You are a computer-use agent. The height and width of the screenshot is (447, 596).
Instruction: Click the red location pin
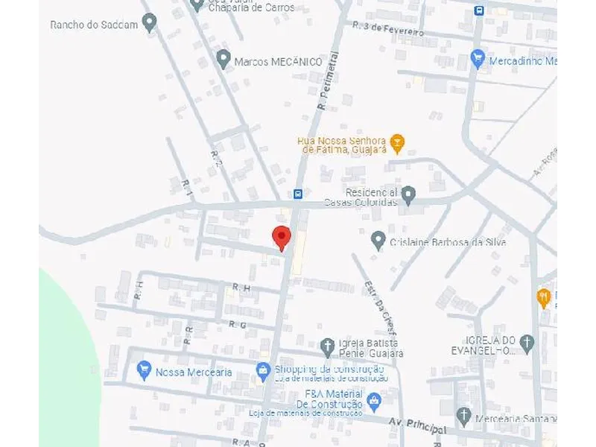coord(281,237)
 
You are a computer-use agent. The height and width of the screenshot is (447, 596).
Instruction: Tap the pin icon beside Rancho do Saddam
coord(150,23)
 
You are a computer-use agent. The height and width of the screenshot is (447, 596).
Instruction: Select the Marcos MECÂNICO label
coord(278,62)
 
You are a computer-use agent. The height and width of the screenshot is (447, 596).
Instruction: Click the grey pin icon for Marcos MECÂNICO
coord(223,59)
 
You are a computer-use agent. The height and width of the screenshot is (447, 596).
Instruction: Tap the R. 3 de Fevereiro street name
coord(390,30)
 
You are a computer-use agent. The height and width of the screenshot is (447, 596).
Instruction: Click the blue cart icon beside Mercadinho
coord(478,58)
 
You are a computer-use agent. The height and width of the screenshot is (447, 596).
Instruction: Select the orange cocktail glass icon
coord(398,142)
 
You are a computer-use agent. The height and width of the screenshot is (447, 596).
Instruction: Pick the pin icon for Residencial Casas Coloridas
coord(408,195)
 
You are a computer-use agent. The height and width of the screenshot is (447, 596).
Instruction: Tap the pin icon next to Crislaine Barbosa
coord(378,240)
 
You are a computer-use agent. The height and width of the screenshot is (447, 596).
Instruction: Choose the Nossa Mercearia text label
coord(194,372)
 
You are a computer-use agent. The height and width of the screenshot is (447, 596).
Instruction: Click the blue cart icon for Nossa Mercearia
coord(145,370)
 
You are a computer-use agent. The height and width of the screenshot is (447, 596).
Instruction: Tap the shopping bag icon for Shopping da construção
coord(263,370)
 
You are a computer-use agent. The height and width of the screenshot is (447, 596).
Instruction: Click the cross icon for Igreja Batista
coord(327,346)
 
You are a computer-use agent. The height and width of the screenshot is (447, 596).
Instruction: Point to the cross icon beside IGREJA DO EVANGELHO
coord(527,343)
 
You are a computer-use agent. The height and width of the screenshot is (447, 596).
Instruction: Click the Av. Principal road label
coord(418,425)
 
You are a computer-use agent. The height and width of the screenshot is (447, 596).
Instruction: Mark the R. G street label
coord(238,325)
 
